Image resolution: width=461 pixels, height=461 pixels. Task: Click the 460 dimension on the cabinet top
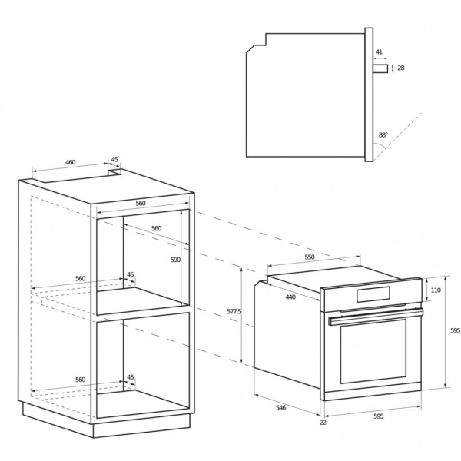click(70, 162)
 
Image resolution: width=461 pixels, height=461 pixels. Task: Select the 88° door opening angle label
click(383, 135)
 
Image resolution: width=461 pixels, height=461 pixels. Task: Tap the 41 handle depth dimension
click(379, 52)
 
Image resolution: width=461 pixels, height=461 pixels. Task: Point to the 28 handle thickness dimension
click(401, 68)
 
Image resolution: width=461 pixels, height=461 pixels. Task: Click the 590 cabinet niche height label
click(175, 260)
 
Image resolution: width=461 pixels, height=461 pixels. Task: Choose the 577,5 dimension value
click(234, 311)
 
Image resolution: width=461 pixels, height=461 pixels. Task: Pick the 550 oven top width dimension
click(310, 257)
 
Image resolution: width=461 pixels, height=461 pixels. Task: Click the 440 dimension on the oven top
click(290, 297)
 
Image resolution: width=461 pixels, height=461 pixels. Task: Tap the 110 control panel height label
click(436, 290)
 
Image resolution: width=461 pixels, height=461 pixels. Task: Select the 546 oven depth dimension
click(280, 408)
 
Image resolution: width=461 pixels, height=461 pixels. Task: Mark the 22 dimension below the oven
click(323, 423)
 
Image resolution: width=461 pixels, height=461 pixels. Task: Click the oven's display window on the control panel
click(373, 294)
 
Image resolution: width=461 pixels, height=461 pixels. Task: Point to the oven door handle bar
click(376, 317)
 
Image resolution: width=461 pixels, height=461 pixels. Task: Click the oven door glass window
click(373, 351)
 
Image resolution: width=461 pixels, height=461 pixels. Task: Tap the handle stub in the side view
click(380, 68)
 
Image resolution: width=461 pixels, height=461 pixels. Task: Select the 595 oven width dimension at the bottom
click(378, 416)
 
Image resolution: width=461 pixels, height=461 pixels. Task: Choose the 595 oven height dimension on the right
click(455, 330)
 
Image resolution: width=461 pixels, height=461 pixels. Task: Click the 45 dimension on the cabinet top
click(114, 159)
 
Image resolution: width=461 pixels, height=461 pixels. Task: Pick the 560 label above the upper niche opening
click(141, 203)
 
